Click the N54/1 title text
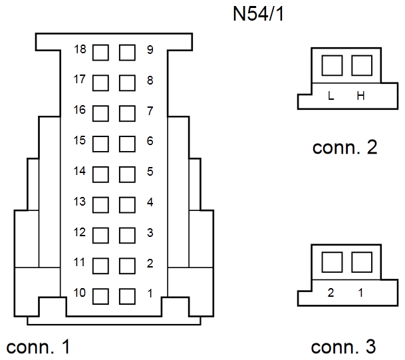(x=258, y=14)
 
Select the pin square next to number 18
(x=100, y=53)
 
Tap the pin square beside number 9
(x=127, y=53)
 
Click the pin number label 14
(x=79, y=171)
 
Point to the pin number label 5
(x=150, y=172)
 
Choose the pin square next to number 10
(x=100, y=296)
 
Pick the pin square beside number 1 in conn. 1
(x=127, y=296)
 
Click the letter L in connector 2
(x=331, y=96)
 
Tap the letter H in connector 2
(x=360, y=96)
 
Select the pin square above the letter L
(x=332, y=65)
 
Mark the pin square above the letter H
(x=362, y=65)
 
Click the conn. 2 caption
(x=345, y=148)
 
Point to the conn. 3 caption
(x=344, y=347)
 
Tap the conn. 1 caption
(x=38, y=347)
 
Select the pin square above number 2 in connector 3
(x=332, y=262)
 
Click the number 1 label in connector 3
(x=360, y=293)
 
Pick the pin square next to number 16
(x=100, y=113)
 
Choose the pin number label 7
(x=150, y=111)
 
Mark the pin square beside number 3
(x=127, y=236)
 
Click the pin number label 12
(x=79, y=232)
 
